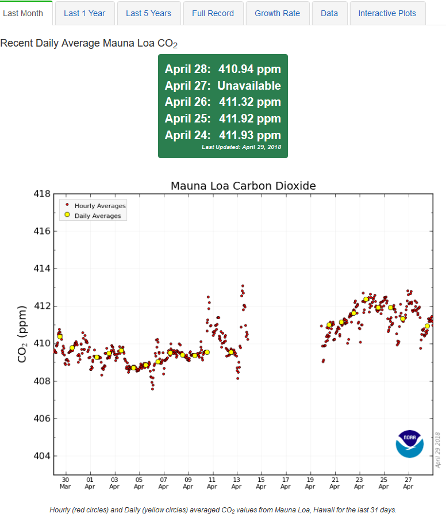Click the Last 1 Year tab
point(84,13)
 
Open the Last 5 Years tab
point(148,13)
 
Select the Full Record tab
point(213,13)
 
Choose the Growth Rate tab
point(277,13)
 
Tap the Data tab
point(329,13)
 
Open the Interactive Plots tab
point(387,13)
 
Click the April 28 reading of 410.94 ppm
point(249,70)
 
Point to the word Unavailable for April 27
point(249,86)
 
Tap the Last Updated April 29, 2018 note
point(241,147)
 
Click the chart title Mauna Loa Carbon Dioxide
point(243,186)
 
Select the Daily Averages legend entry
point(97,216)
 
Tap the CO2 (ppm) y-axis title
point(22,334)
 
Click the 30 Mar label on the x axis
point(65,482)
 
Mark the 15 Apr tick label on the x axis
point(261,482)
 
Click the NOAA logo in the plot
point(409,443)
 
